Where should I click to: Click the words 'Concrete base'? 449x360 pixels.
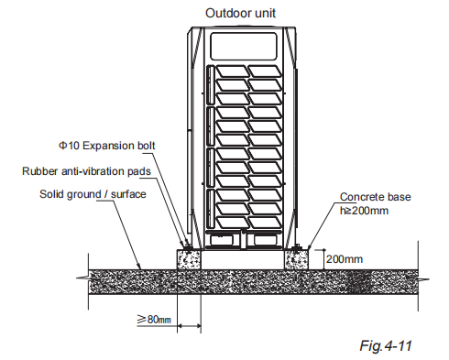(373, 197)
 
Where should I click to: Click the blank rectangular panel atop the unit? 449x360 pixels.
(245, 45)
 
